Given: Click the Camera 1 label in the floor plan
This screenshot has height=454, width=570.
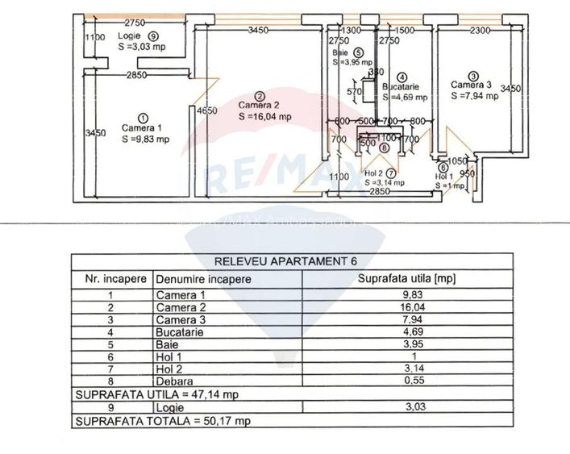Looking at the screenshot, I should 142,127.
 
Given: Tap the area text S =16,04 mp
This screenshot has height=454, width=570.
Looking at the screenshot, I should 265,116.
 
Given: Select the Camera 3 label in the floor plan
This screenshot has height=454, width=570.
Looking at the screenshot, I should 471,85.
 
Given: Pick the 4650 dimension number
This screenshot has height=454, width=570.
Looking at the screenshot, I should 207,111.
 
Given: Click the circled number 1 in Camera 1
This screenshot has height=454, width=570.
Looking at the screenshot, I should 143,117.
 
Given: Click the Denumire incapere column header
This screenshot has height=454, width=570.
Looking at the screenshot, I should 203,279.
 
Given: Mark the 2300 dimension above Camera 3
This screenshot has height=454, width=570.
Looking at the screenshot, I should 481,31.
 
